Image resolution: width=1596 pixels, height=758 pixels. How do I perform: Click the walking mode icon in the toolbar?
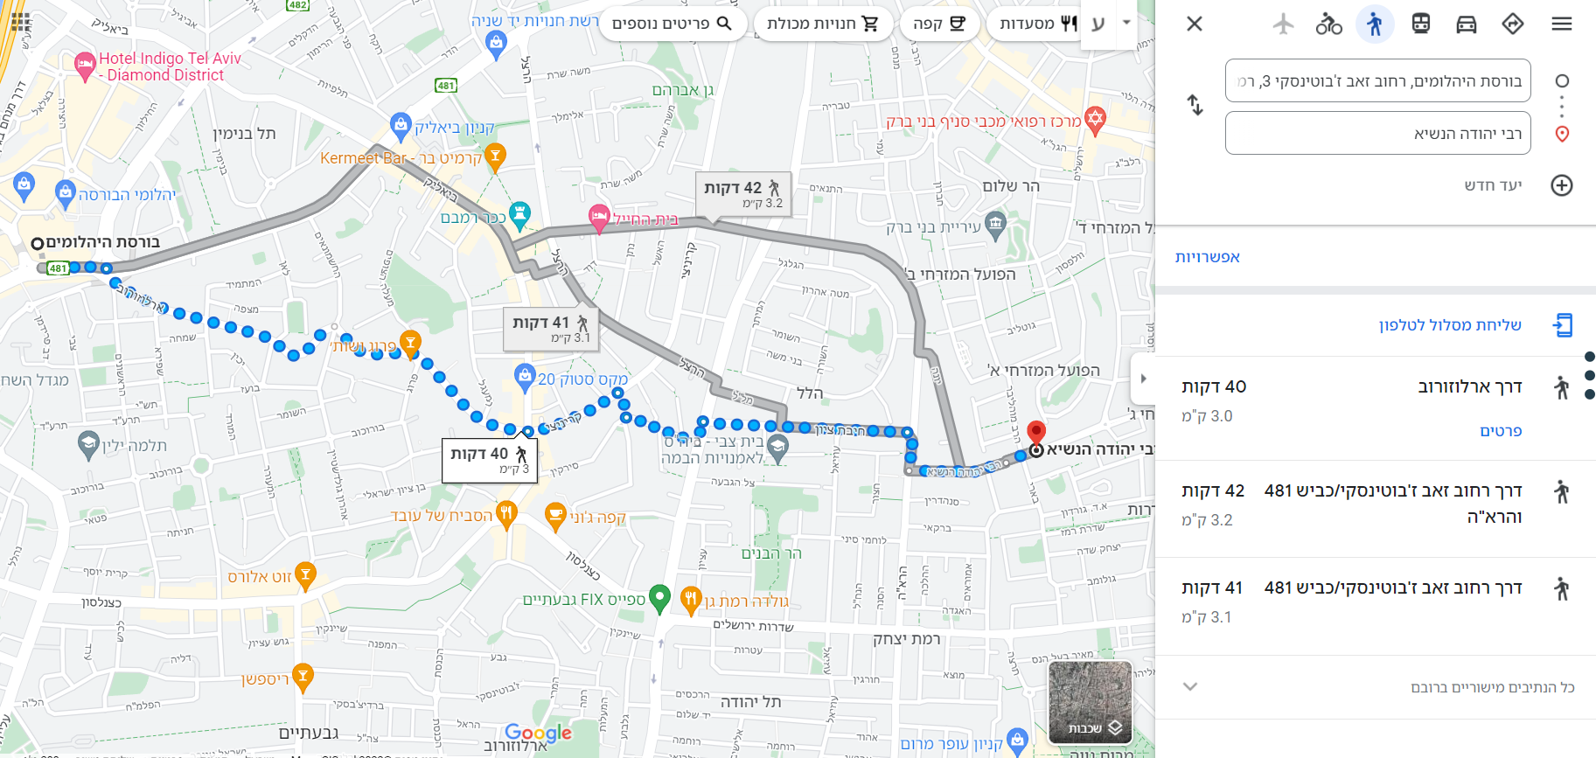pos(1375,24)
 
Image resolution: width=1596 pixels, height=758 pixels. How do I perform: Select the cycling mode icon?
pos(1328,24)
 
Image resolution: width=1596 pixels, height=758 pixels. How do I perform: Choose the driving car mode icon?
pos(1467,24)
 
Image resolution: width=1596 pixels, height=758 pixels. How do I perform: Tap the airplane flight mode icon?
pos(1283,24)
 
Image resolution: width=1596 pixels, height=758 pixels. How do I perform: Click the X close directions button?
pos(1195,24)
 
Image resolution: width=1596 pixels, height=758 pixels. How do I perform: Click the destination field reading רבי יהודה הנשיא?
pos(1377,133)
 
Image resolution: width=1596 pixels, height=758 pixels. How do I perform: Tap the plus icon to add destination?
pos(1562,185)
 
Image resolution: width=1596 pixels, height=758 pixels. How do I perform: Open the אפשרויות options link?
pos(1207,257)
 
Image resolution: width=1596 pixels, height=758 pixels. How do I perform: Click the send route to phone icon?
pos(1563,325)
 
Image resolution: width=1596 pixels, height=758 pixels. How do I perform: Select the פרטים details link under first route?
pos(1501,431)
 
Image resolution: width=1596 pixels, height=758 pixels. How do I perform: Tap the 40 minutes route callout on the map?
pos(489,460)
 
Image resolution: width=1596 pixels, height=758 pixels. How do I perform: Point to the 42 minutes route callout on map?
pos(742,194)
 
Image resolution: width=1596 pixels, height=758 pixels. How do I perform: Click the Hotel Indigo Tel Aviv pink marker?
pos(85,64)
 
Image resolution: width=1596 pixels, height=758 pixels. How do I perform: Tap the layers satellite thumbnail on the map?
pos(1090,701)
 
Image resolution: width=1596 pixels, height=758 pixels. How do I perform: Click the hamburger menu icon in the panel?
pos(1562,24)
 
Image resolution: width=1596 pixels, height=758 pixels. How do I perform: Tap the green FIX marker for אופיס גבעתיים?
pos(660,598)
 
